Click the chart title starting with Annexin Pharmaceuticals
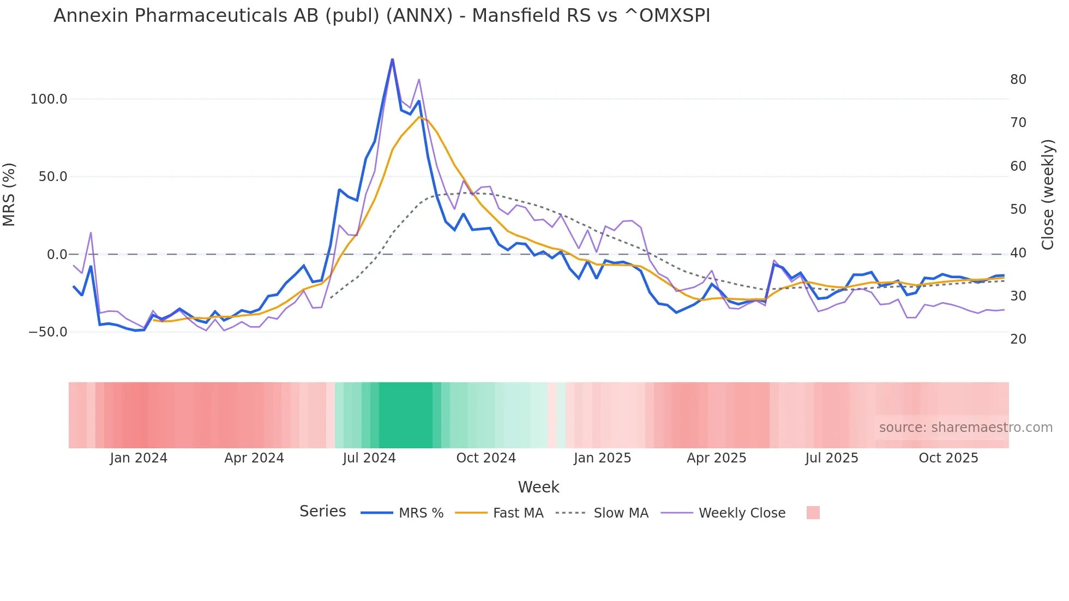(382, 16)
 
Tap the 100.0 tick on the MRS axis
(49, 99)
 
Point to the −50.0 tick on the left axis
(47, 332)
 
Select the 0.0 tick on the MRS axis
(57, 255)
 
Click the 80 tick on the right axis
(1018, 80)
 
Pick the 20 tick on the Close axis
(1018, 339)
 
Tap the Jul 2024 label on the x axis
(369, 458)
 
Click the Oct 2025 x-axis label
(948, 458)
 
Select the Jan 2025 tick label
(602, 458)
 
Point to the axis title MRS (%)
(9, 194)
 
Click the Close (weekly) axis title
(1047, 194)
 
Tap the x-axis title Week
(538, 487)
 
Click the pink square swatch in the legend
(813, 513)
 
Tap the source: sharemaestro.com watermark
(965, 428)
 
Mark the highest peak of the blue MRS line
(392, 59)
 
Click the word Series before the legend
(322, 512)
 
